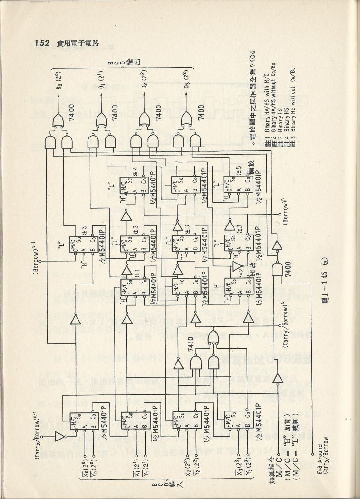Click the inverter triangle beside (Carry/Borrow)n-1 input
pos(59,436)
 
